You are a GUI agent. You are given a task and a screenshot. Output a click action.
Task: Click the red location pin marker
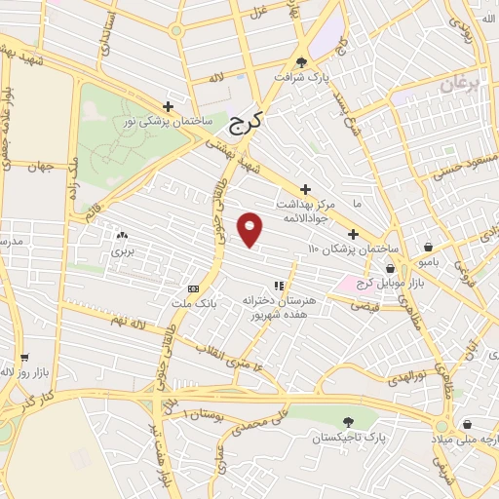coord(250,229)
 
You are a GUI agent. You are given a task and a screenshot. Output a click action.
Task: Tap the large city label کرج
coord(248,125)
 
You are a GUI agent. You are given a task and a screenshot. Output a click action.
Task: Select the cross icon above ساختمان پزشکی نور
coord(169,106)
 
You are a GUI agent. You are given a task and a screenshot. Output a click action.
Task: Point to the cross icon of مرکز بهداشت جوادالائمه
coord(306,189)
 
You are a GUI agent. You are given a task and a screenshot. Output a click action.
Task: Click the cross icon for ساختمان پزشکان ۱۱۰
coord(353,234)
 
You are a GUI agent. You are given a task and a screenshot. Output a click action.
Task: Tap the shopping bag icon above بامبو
coord(430,246)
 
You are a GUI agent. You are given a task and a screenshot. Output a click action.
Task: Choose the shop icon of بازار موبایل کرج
coord(390,268)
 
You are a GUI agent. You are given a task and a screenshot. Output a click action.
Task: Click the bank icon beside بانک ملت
coord(193,288)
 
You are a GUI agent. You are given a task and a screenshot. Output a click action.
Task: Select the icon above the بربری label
coord(122,236)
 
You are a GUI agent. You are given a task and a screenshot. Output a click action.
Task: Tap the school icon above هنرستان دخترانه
coord(279,286)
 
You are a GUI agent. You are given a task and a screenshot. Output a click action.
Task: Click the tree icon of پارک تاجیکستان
coord(349,421)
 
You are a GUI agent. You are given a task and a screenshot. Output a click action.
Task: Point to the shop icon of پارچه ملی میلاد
coord(468,425)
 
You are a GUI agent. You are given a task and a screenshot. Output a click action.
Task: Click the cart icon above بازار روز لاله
coord(22,358)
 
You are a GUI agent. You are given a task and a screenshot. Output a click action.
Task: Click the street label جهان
coord(39,167)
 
